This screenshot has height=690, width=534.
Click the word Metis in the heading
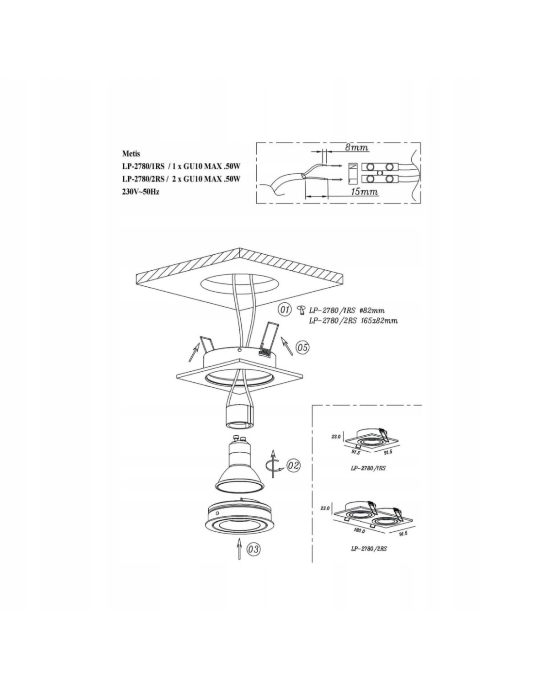131,154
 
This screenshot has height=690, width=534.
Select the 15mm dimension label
364,192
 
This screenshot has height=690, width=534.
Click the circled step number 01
284,309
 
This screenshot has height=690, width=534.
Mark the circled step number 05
302,347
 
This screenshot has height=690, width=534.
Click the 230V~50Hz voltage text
141,193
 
